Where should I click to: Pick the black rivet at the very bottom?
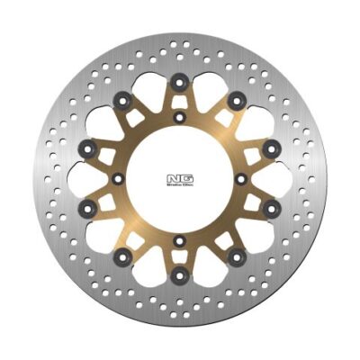click(180, 274)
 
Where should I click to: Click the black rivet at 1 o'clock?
click(237, 98)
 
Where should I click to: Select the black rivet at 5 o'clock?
click(237, 258)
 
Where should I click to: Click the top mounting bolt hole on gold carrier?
click(180, 117)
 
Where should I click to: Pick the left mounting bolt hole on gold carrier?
click(118, 178)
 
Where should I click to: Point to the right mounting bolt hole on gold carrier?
click(242, 178)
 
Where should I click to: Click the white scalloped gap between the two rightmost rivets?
click(270, 178)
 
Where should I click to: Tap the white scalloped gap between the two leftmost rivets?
click(90, 178)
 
